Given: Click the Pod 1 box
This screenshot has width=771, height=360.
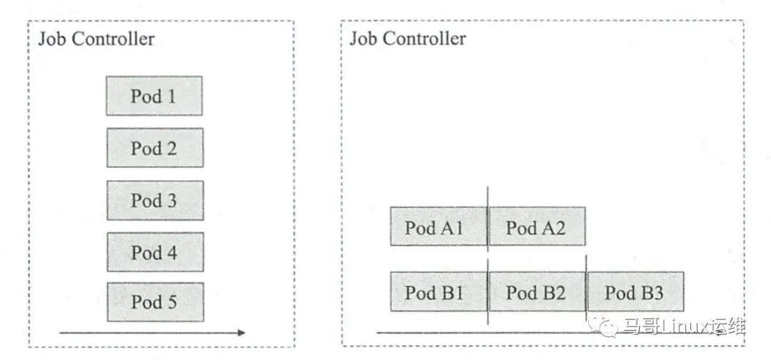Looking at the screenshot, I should tap(154, 96).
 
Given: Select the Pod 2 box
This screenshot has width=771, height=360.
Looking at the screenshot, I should tap(154, 148).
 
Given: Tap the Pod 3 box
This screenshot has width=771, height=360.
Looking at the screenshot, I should tap(154, 200).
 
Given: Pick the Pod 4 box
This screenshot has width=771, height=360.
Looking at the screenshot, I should tap(154, 251).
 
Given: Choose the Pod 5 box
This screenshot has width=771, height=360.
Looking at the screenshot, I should tap(154, 302).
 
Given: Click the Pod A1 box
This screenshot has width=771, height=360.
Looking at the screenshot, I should tap(438, 227).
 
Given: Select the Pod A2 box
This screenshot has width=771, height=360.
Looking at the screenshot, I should tap(536, 227).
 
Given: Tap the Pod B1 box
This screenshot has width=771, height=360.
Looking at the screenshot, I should tap(438, 291).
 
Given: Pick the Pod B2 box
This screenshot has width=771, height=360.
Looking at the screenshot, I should tap(536, 291).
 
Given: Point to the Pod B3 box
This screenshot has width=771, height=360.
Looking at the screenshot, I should tap(635, 291).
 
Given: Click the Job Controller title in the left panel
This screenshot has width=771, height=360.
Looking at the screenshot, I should tap(96, 39).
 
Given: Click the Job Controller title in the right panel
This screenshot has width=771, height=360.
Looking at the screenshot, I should tap(408, 39).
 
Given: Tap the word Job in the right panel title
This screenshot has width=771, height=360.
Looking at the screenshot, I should tap(361, 39).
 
